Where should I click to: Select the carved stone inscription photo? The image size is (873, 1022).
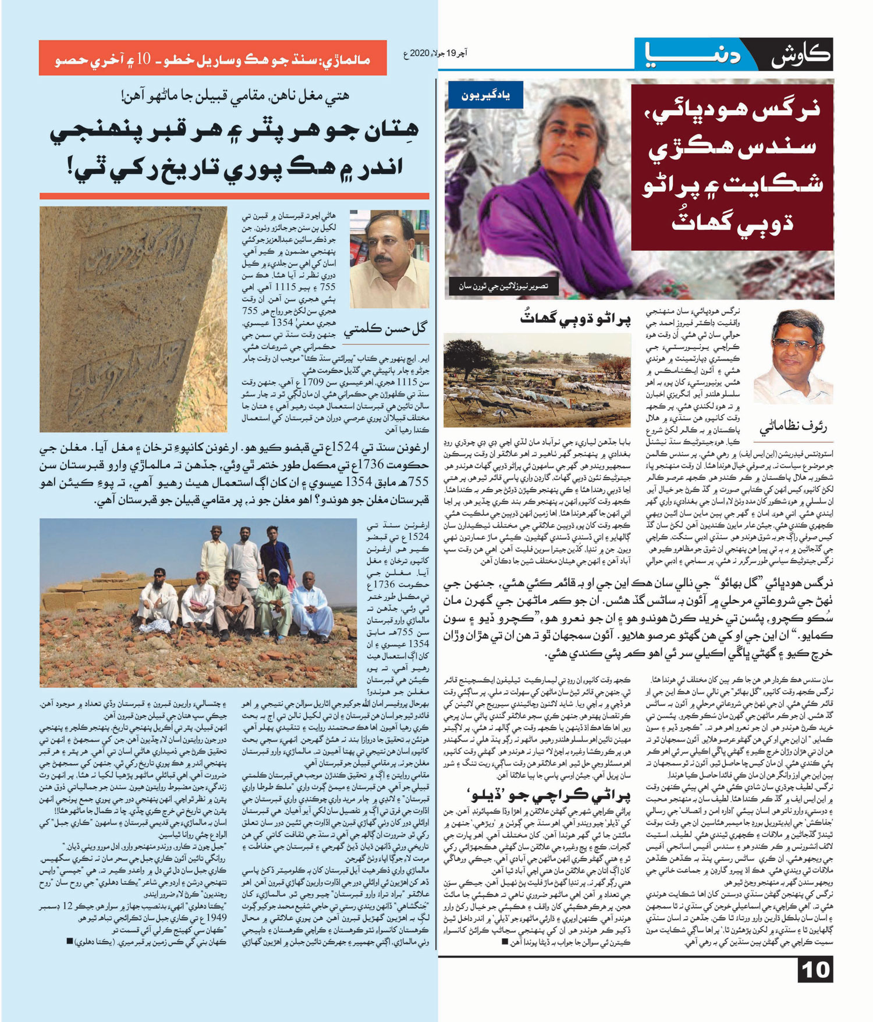click(x=133, y=319)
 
